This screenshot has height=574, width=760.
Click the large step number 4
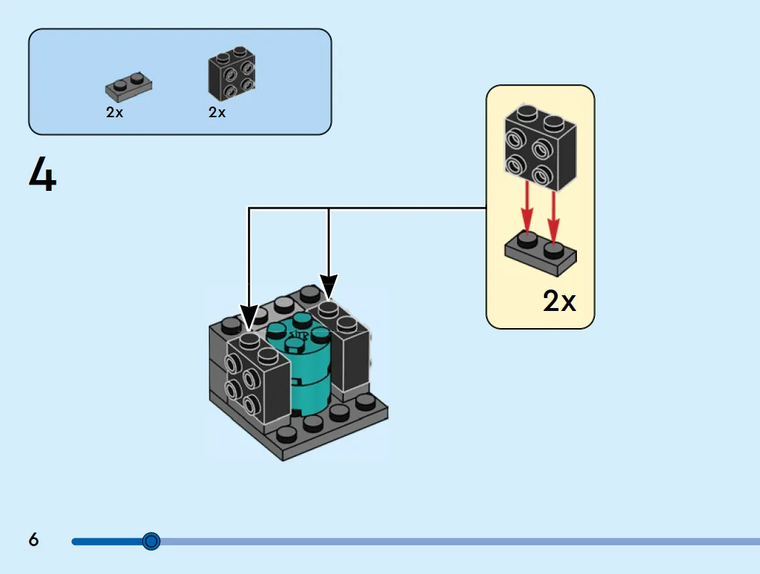[43, 174]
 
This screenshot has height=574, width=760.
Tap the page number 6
[34, 540]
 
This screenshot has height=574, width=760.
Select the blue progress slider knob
[152, 541]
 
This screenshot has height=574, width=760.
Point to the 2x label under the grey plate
[115, 112]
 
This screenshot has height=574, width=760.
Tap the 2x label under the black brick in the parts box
[217, 112]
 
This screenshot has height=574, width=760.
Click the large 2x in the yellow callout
[559, 301]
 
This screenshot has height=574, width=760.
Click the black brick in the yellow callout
[541, 147]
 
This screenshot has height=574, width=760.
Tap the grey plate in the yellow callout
[541, 254]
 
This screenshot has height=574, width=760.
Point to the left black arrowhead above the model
[249, 317]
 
